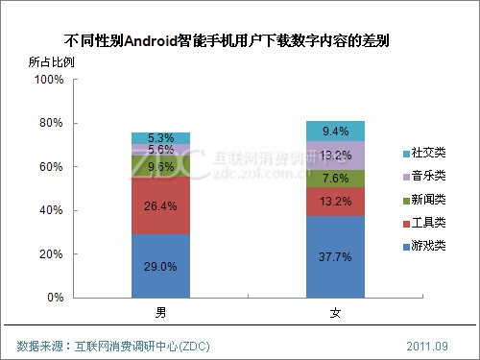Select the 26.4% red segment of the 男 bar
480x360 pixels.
coord(160,205)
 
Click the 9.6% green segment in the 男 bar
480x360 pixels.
coord(160,166)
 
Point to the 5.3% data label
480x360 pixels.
coord(160,138)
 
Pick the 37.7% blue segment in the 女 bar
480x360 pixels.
coord(335,256)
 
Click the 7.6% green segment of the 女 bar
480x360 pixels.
coord(335,178)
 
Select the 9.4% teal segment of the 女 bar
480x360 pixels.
coord(335,131)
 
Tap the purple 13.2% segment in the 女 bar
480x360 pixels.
coord(335,156)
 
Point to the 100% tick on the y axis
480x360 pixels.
coord(48,80)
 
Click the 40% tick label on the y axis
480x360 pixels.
coord(50,210)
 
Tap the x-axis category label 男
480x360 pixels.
coord(160,313)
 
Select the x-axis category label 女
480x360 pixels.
coord(335,313)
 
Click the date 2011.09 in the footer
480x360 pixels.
coord(426,344)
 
